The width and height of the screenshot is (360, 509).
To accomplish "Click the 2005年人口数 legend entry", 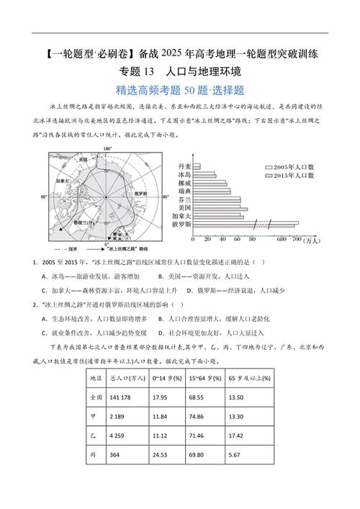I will (x=293, y=166).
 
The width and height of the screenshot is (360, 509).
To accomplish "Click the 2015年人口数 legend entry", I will (x=293, y=176).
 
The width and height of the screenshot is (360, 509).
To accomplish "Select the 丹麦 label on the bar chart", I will (x=185, y=167).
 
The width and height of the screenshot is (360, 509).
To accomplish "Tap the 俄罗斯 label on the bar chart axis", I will (x=183, y=225).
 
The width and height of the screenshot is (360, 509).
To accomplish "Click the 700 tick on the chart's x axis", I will (x=294, y=238).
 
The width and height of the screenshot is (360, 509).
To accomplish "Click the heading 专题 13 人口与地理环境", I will (x=180, y=72).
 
